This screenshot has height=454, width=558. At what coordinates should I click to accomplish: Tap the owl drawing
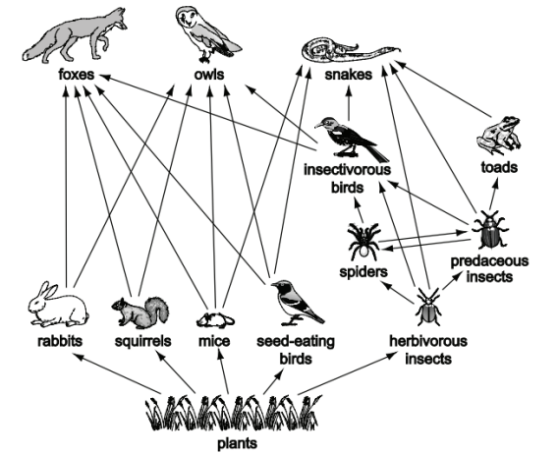[206, 33]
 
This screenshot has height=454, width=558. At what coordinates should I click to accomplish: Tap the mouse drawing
[215, 320]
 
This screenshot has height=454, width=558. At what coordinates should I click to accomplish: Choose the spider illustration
[363, 242]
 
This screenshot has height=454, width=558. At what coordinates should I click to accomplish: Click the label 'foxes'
[77, 75]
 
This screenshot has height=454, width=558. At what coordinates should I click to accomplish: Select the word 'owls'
[209, 75]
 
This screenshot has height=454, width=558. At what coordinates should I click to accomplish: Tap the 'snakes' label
[349, 75]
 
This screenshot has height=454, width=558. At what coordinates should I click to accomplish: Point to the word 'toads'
[499, 167]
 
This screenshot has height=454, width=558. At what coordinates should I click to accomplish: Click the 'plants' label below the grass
[237, 444]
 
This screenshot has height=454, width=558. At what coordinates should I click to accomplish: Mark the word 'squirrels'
[142, 341]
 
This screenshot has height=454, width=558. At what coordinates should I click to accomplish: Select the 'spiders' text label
[363, 272]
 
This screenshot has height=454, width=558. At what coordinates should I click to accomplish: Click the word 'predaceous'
[489, 261]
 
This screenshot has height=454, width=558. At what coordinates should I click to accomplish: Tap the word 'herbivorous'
[428, 341]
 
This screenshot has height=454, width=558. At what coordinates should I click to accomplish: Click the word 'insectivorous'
[347, 169]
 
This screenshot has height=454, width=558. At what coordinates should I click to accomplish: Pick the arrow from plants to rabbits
[117, 373]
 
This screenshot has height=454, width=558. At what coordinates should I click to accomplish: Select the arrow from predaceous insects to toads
[493, 194]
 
